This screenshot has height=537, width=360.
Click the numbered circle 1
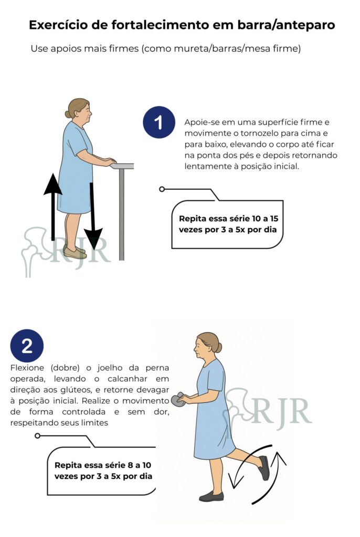coord(158,122)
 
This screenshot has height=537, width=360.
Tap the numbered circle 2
coord(27,346)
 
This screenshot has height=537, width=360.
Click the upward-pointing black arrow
coord(52,207)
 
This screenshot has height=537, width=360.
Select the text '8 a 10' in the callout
coord(139,465)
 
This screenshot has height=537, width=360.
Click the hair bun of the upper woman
coord(68,114)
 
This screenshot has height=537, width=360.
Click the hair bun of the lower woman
coord(218,348)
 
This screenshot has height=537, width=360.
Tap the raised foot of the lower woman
coord(263,467)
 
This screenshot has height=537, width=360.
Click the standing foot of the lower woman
coord(211,496)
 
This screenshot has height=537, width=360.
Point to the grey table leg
coord(121,214)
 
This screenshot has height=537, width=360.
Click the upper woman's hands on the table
coord(110,161)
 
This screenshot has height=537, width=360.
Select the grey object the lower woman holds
coord(177,400)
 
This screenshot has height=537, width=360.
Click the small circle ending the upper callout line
coord(162,189)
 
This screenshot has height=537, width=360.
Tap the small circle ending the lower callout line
coord(38,436)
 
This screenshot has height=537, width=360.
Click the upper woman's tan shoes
coord(75,252)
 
